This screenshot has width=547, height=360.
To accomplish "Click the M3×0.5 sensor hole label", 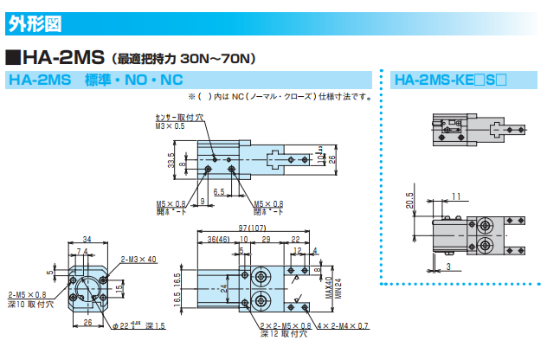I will pos(170,126).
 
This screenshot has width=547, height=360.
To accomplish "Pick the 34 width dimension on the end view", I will pos(87,239).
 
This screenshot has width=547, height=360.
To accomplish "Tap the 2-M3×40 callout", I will pos(138,258).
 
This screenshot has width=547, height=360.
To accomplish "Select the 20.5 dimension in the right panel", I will pos(409,202).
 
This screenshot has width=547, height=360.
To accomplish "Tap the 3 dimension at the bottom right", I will pos(449,267).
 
